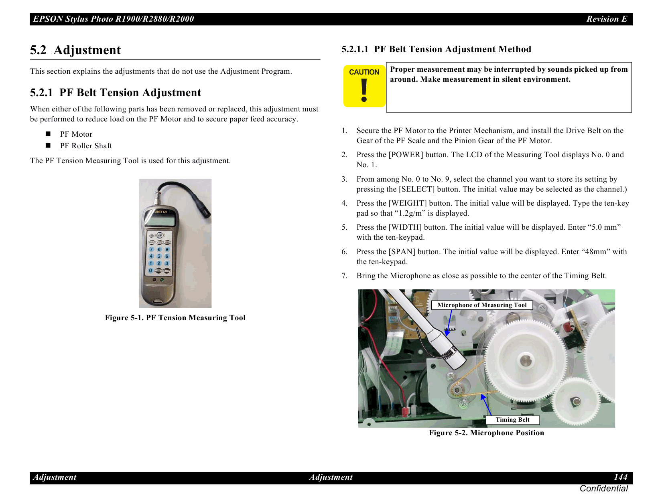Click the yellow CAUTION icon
point(364,86)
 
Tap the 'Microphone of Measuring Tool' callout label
point(481,305)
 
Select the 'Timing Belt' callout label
point(512,420)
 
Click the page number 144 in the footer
point(620,477)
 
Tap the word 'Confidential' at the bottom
point(603,489)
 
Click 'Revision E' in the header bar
point(606,19)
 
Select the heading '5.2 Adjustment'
point(75,50)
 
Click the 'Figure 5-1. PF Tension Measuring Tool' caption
point(175,318)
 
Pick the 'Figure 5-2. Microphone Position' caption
point(486,433)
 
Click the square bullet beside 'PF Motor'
point(48,134)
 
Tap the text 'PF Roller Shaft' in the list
point(86,146)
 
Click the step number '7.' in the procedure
point(344,276)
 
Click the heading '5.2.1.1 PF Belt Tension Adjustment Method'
point(436,49)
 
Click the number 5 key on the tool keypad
point(159,256)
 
